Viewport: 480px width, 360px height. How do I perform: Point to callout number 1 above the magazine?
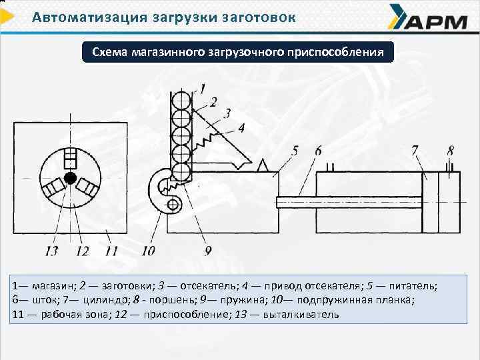coord(201,87)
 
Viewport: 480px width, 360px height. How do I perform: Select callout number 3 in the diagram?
coord(227,113)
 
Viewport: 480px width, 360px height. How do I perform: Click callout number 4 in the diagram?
coord(240,127)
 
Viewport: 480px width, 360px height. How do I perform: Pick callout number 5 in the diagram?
coord(295,152)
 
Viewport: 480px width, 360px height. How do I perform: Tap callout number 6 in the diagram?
coord(318,152)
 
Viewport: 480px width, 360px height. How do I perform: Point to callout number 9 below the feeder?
coord(208,251)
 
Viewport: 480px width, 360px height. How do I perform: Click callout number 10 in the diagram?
coord(148,251)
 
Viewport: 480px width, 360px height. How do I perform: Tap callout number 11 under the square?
coord(110,251)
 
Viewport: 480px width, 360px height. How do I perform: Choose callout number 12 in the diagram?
coord(82,251)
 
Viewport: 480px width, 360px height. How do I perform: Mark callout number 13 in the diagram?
coord(52,251)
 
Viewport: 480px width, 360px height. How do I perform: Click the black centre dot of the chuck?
coord(69,179)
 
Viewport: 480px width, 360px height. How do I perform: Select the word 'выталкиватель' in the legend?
coord(301,313)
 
